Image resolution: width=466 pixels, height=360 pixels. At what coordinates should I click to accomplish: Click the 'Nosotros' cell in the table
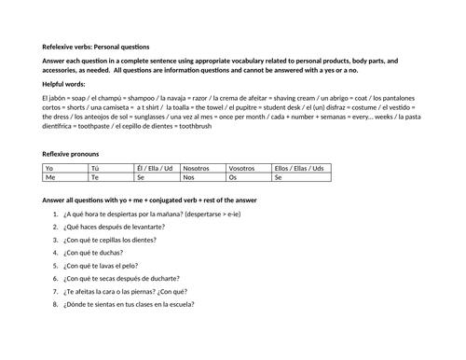coord(199,168)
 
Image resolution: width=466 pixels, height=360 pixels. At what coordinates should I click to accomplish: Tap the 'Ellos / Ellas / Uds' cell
coord(299,168)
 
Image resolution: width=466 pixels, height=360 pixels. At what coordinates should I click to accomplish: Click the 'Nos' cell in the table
coord(189,176)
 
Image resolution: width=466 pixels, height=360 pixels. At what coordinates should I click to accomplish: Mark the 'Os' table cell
coord(234,176)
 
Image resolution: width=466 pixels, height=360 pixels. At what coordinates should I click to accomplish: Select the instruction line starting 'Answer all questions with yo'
coord(149,200)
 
